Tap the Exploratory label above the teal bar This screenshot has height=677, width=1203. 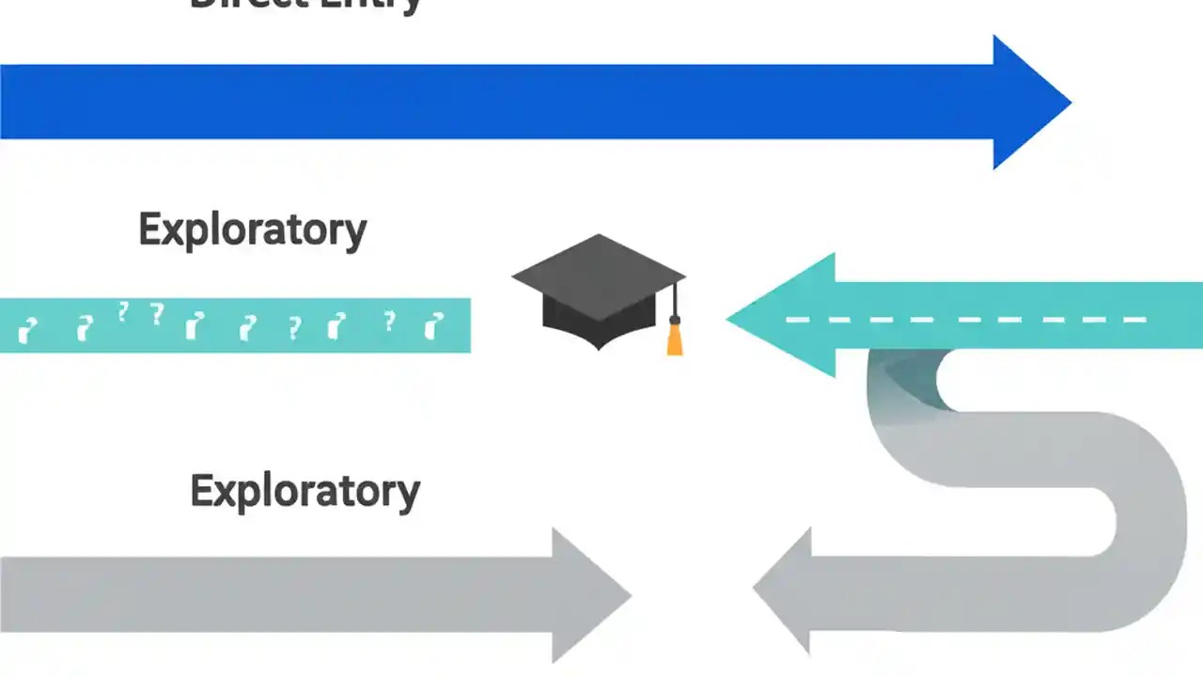tap(252, 229)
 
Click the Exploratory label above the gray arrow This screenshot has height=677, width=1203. tap(305, 491)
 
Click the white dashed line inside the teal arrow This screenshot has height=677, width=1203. tap(968, 320)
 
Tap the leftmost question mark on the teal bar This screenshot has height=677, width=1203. tap(29, 329)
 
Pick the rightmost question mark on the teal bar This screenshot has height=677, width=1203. tap(432, 325)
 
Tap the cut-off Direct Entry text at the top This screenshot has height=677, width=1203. tap(305, 5)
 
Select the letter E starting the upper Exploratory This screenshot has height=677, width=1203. tap(150, 229)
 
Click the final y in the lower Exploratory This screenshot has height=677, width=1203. tap(407, 496)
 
